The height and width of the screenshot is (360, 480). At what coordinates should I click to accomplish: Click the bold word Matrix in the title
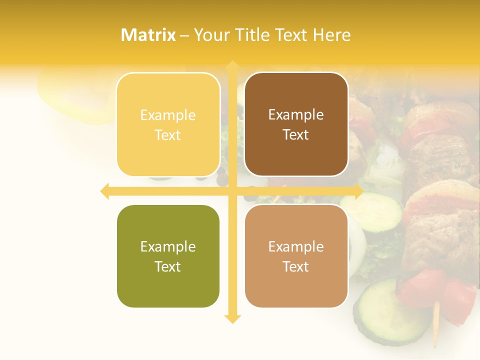(148, 35)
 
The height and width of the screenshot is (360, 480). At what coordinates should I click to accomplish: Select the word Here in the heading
(332, 35)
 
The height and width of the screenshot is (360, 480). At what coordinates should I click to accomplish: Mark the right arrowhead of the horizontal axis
(358, 191)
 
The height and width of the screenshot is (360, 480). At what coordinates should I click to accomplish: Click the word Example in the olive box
(168, 246)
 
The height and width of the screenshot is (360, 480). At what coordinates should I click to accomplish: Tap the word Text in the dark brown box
(296, 135)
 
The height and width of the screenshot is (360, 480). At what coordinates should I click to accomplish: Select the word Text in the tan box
(296, 266)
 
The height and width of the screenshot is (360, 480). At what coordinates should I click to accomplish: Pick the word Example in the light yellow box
(168, 115)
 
